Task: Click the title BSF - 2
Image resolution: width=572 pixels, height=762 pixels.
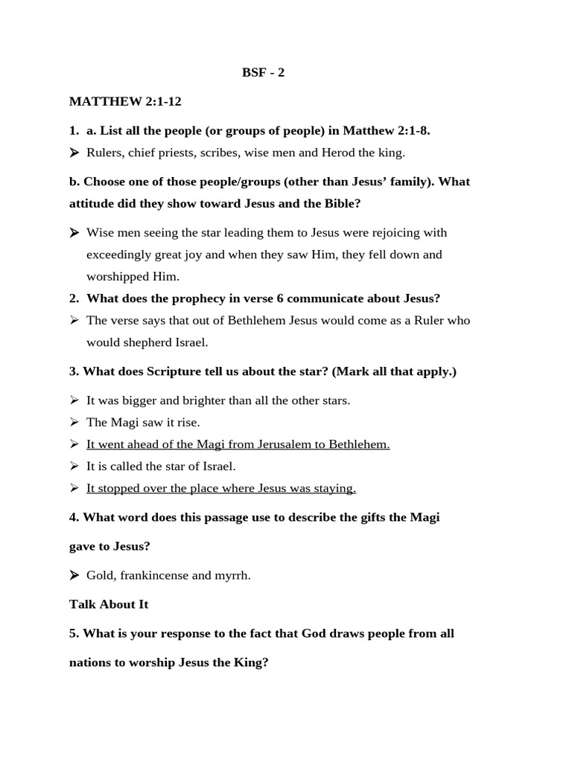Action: click(x=263, y=72)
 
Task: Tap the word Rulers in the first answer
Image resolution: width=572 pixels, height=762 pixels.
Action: click(x=104, y=153)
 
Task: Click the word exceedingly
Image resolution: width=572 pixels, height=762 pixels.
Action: click(x=119, y=254)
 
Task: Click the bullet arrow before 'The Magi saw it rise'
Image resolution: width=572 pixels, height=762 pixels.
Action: click(x=74, y=423)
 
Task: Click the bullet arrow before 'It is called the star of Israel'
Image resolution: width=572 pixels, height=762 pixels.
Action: click(x=74, y=467)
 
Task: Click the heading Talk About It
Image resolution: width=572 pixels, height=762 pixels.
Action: click(x=109, y=604)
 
